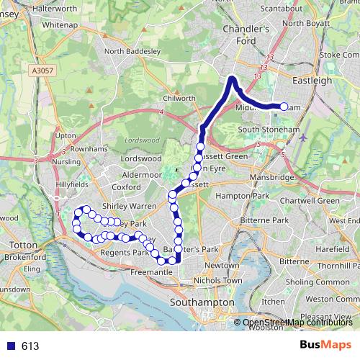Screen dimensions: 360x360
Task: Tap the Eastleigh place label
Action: click(312, 81)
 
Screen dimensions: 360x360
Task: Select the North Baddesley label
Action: click(130, 51)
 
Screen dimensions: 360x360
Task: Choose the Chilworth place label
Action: click(180, 98)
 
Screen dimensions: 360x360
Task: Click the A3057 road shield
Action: click(43, 71)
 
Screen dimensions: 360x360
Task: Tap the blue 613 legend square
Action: click(9, 346)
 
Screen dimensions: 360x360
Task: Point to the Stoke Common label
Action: click(338, 54)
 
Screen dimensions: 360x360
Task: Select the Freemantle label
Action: click(152, 273)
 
